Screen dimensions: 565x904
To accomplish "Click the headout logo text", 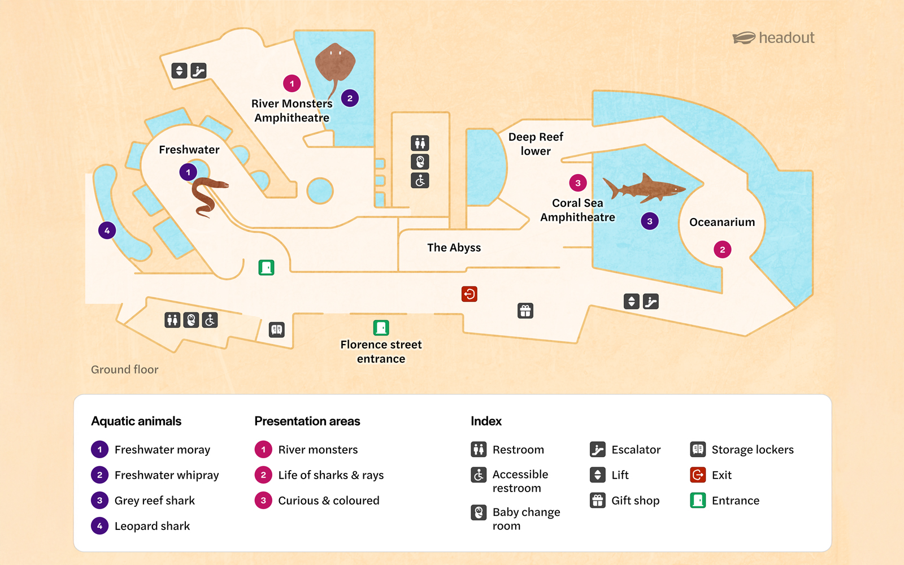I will click(786, 38).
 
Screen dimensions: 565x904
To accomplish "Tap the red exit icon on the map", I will click(469, 294).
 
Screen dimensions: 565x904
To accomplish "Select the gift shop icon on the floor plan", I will click(525, 311).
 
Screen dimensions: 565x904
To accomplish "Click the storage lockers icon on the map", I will click(276, 329).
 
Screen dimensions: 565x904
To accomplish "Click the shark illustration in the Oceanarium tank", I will click(644, 189).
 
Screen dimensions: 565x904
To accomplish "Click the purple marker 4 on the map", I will click(107, 231).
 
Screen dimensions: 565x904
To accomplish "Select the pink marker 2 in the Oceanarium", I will click(722, 249).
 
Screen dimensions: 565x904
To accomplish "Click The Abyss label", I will click(454, 247).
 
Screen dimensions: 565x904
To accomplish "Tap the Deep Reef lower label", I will click(536, 144).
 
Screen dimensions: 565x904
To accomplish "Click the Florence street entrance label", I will click(381, 351).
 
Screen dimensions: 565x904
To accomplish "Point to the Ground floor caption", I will click(124, 370).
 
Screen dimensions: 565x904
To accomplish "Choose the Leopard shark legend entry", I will click(152, 526).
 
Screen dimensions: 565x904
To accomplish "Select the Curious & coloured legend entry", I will click(328, 501).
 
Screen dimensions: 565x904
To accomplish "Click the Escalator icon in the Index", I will click(597, 450).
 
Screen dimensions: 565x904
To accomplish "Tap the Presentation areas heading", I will click(307, 421).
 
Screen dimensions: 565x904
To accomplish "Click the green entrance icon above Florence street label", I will click(381, 328).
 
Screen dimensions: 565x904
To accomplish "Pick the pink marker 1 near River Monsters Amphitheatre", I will click(292, 84).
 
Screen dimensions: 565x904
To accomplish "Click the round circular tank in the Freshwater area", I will click(320, 191).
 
